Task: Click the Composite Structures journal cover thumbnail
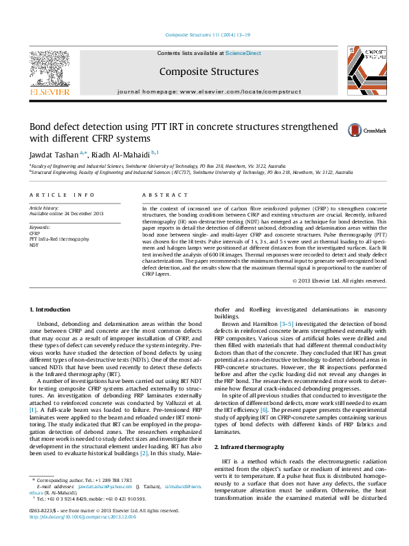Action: (362, 71)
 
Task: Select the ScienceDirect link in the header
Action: (243, 53)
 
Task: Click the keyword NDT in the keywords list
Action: (34, 245)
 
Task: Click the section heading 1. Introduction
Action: (52, 310)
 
